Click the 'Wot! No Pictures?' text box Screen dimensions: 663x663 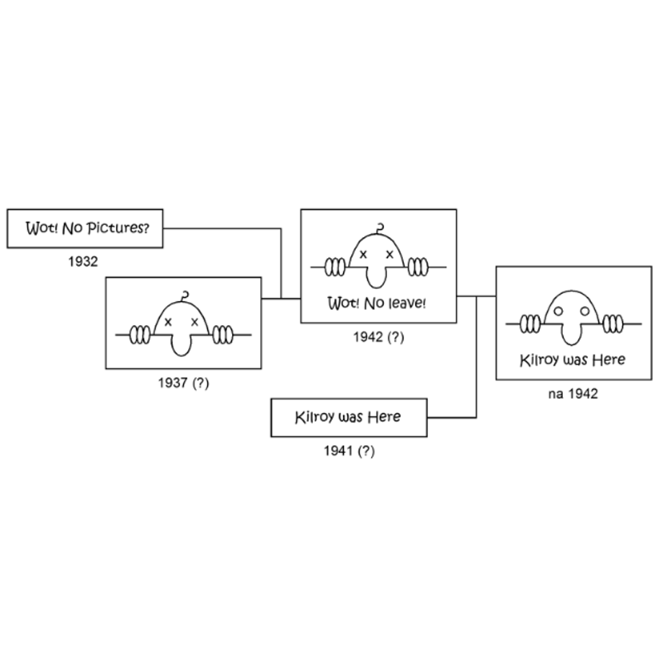pos(85,228)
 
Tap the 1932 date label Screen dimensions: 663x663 pos(83,262)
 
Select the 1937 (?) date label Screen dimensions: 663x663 pos(184,383)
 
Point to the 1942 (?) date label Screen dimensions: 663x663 pos(378,337)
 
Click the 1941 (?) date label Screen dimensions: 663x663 pos(350,451)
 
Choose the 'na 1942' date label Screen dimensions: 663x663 pos(573,394)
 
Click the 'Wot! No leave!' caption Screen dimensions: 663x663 pos(377,303)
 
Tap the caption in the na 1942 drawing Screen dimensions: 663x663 pos(572,360)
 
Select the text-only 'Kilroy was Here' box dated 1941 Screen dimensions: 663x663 pos(349,417)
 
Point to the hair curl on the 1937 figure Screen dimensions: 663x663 pos(184,296)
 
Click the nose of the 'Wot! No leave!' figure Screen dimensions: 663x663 pos(376,277)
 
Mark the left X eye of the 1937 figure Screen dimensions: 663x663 pos(168,322)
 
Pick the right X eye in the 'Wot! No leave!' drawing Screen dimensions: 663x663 pos(390,254)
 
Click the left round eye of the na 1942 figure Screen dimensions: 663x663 pos(558,311)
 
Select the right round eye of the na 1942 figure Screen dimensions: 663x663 pos(584,311)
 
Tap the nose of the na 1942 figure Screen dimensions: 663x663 pos(571,334)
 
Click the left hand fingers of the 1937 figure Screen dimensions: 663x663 pos(140,335)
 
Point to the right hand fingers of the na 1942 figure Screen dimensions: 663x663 pos(613,324)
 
